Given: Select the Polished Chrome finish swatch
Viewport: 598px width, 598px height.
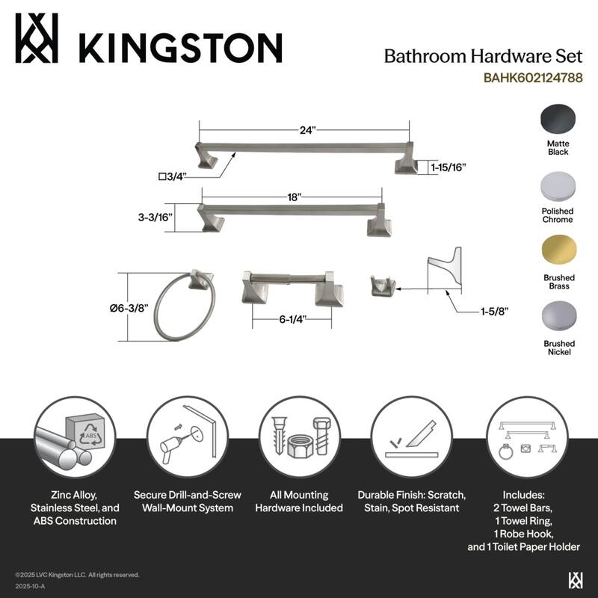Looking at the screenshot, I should (x=558, y=186).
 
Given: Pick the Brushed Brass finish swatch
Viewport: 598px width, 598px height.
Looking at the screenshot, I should (x=558, y=250).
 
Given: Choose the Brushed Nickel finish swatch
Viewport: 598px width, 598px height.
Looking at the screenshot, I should (x=558, y=315).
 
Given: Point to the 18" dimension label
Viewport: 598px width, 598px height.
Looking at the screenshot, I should (x=295, y=197).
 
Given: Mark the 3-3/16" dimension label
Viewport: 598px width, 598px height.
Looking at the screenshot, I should (x=155, y=218).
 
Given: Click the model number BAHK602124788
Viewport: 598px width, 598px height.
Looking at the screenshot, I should (x=533, y=77).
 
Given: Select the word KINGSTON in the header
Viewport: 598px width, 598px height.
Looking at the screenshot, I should (x=180, y=48).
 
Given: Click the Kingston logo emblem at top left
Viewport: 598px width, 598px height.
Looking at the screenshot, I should (x=37, y=39).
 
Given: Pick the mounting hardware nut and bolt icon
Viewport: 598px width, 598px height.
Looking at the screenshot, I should (x=298, y=437).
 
